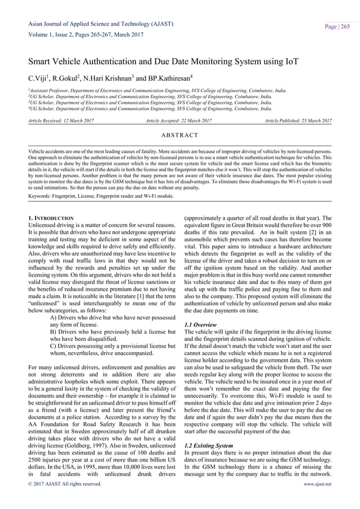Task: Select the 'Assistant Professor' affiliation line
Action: coord(158,89)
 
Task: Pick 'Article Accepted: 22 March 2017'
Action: coord(179,121)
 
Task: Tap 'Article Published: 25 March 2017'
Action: coord(296,121)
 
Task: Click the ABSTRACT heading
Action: coord(179,136)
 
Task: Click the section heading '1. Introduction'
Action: coord(50,217)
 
